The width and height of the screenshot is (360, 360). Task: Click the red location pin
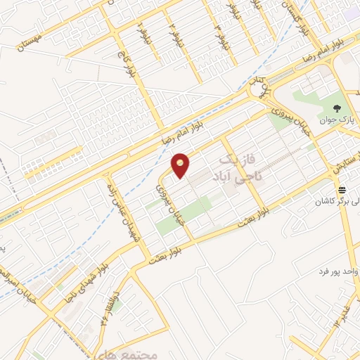tap(181, 165)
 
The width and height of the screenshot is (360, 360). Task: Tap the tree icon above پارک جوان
tap(338, 109)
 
